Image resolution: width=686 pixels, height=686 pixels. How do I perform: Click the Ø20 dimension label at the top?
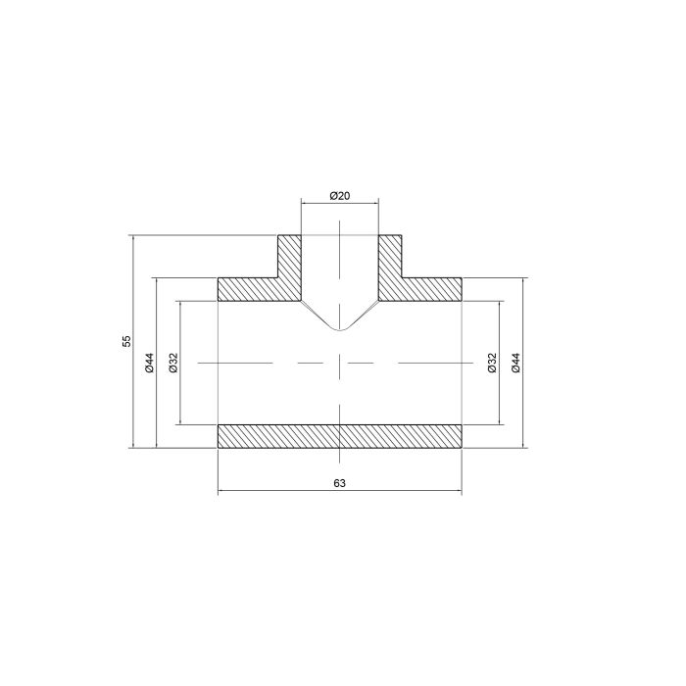(339, 196)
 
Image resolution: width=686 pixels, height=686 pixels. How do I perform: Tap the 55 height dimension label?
(125, 341)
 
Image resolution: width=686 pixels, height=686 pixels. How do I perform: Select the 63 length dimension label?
(339, 482)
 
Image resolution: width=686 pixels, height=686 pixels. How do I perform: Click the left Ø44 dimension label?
(149, 363)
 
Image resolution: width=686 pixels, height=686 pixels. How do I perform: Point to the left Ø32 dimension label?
(172, 363)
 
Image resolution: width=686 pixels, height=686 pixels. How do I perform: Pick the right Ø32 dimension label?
(492, 363)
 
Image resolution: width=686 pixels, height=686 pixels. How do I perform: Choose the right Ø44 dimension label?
(515, 363)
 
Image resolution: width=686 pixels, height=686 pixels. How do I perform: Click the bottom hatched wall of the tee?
(339, 436)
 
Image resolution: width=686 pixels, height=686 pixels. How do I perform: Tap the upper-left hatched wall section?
(250, 289)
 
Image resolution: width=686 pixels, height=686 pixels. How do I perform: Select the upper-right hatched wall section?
(431, 289)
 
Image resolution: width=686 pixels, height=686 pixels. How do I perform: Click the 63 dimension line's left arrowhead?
(220, 490)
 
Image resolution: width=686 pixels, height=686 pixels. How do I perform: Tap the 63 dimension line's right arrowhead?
(459, 490)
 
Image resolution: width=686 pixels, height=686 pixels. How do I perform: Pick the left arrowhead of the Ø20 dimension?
(304, 204)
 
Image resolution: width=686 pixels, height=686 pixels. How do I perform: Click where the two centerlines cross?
(339, 363)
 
